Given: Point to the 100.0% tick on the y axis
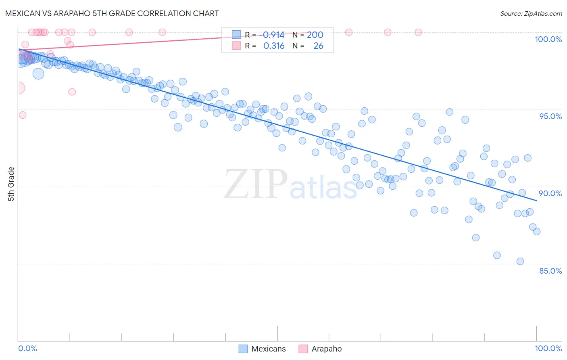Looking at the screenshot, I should coord(548,39).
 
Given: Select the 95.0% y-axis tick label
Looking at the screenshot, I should coord(550,116).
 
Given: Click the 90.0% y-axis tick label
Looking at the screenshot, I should coord(550,193).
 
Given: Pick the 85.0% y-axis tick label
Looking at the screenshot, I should coord(550,271).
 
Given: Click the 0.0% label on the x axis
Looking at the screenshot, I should coord(27,348).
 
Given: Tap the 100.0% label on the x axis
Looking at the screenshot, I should coord(548,348).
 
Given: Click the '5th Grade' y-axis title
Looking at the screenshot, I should coord(11,184).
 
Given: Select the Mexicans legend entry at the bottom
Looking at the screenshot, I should coord(263,349).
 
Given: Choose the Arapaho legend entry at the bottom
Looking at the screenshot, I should coord(320,349).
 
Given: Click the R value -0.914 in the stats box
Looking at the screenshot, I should coord(274,35).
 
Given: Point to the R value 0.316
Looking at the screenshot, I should coord(274,46).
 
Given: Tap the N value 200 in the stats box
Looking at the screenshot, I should coord(315,35).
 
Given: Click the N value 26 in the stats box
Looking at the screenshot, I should coord(318,46).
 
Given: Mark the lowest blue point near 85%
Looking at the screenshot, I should coord(520,262).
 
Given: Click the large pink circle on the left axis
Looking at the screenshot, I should coord(19,88).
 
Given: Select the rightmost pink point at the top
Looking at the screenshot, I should coord(419,32).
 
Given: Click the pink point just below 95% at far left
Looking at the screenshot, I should coord(23,115).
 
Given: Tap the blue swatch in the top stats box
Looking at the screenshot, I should coord(236,35).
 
